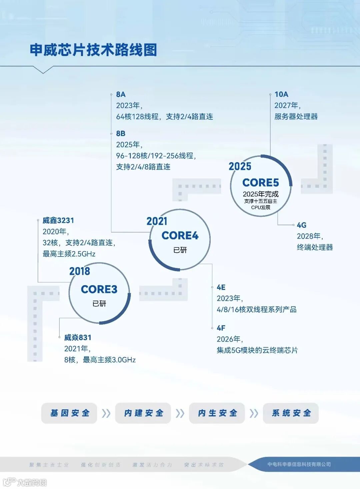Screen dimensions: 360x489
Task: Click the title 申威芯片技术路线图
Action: (x=93, y=50)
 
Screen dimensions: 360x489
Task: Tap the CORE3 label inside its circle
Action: (x=99, y=289)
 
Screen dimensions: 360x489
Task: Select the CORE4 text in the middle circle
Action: (x=180, y=235)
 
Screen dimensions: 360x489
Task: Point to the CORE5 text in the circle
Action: (x=261, y=182)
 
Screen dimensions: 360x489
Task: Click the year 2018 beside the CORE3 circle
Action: (x=80, y=271)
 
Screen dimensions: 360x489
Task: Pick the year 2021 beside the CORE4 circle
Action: (x=157, y=221)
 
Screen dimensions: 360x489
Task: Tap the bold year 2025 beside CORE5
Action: (x=240, y=166)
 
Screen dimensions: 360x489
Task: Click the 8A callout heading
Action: (x=121, y=94)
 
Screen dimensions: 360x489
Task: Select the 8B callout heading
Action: (x=121, y=133)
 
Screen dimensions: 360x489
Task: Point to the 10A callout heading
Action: (x=281, y=94)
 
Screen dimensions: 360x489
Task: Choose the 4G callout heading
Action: (x=301, y=225)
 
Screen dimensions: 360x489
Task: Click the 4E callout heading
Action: (x=221, y=287)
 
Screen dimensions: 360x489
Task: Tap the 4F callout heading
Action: (x=221, y=328)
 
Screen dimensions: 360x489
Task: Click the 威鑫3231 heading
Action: (x=58, y=220)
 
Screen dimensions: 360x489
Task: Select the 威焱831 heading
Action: (x=78, y=338)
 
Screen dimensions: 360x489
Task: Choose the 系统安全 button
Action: (x=291, y=413)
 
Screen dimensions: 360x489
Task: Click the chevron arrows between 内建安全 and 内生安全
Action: (x=180, y=413)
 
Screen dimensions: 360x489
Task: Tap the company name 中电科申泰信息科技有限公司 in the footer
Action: (x=299, y=464)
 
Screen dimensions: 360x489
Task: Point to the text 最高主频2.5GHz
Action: (x=69, y=254)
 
